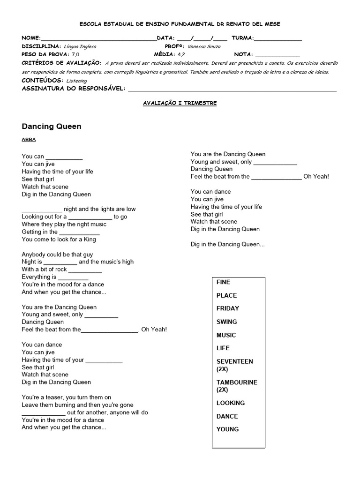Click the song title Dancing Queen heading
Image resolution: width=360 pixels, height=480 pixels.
pyautogui.click(x=52, y=126)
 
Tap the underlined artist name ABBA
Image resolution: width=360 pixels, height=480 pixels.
pyautogui.click(x=29, y=140)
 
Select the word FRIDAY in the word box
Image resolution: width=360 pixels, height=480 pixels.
pyautogui.click(x=227, y=308)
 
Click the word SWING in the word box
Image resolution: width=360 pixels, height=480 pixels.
pyautogui.click(x=226, y=322)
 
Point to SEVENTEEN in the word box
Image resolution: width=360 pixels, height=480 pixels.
pyautogui.click(x=234, y=362)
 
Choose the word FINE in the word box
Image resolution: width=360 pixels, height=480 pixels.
pyautogui.click(x=223, y=282)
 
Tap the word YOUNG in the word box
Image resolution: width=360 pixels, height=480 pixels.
pyautogui.click(x=227, y=429)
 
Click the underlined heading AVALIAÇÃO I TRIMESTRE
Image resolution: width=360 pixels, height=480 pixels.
pyautogui.click(x=180, y=103)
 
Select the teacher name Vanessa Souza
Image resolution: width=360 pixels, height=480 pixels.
pyautogui.click(x=204, y=47)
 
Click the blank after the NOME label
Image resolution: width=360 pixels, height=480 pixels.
pyautogui.click(x=98, y=38)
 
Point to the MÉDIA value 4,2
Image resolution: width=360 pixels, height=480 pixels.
pyautogui.click(x=181, y=55)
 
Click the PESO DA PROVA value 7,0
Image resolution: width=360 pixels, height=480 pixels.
pyautogui.click(x=75, y=55)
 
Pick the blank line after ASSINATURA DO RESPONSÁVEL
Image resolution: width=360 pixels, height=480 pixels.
pyautogui.click(x=232, y=89)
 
